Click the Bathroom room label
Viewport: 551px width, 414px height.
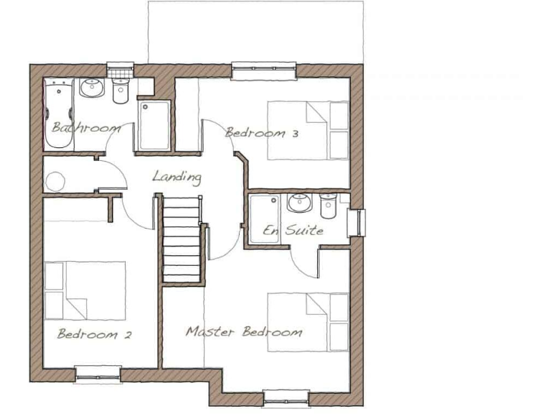(85, 129)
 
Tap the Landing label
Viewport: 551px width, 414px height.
(176, 176)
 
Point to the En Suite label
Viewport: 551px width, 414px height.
(293, 231)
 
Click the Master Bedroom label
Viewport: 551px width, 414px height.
(244, 332)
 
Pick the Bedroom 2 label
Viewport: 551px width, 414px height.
(94, 334)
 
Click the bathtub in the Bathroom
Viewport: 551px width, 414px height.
(57, 114)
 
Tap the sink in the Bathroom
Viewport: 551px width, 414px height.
(93, 88)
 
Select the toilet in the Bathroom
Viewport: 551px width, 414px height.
(120, 91)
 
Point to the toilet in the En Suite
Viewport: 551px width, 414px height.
(328, 206)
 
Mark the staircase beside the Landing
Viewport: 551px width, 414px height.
(179, 240)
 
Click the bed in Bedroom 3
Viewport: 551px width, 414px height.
(308, 130)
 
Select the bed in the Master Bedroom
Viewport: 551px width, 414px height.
(308, 322)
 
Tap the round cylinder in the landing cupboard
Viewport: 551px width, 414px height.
(56, 180)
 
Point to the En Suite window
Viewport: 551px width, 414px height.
(357, 222)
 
